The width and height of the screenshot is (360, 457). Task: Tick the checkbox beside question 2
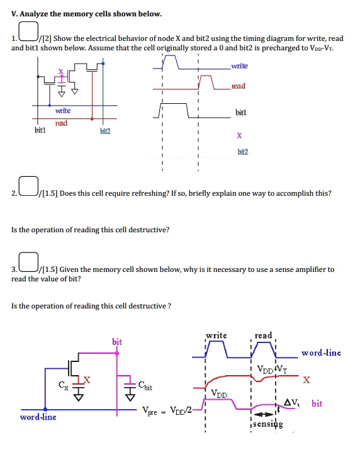tap(28, 186)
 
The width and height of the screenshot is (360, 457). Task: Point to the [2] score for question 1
tap(47, 38)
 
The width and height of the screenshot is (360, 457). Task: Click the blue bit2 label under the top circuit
tap(104, 132)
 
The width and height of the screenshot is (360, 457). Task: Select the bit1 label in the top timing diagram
tap(240, 111)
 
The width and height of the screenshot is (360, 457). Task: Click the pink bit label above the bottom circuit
tap(116, 342)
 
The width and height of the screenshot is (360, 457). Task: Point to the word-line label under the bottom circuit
tap(38, 417)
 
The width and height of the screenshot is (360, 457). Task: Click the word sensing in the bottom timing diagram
tap(267, 424)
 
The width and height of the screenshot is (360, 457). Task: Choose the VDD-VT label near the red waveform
tap(271, 369)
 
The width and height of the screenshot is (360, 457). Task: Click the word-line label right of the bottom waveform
tap(321, 353)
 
